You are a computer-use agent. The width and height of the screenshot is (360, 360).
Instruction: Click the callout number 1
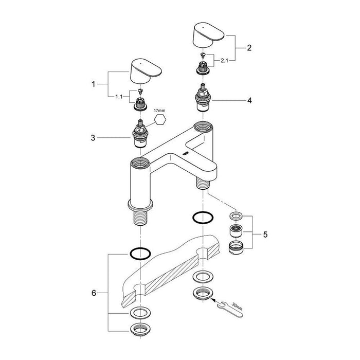click(x=94, y=84)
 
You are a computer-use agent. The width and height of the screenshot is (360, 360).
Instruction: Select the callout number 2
click(x=249, y=48)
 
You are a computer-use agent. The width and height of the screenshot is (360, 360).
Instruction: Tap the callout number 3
click(x=94, y=138)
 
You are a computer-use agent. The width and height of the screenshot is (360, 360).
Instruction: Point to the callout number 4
click(x=249, y=101)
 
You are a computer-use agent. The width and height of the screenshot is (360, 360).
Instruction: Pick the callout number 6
click(x=94, y=293)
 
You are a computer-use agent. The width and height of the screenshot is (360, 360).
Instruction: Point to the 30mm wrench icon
click(x=235, y=309)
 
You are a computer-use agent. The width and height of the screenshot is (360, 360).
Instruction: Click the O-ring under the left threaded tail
click(x=139, y=254)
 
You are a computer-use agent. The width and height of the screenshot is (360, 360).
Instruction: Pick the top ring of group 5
click(x=236, y=214)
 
